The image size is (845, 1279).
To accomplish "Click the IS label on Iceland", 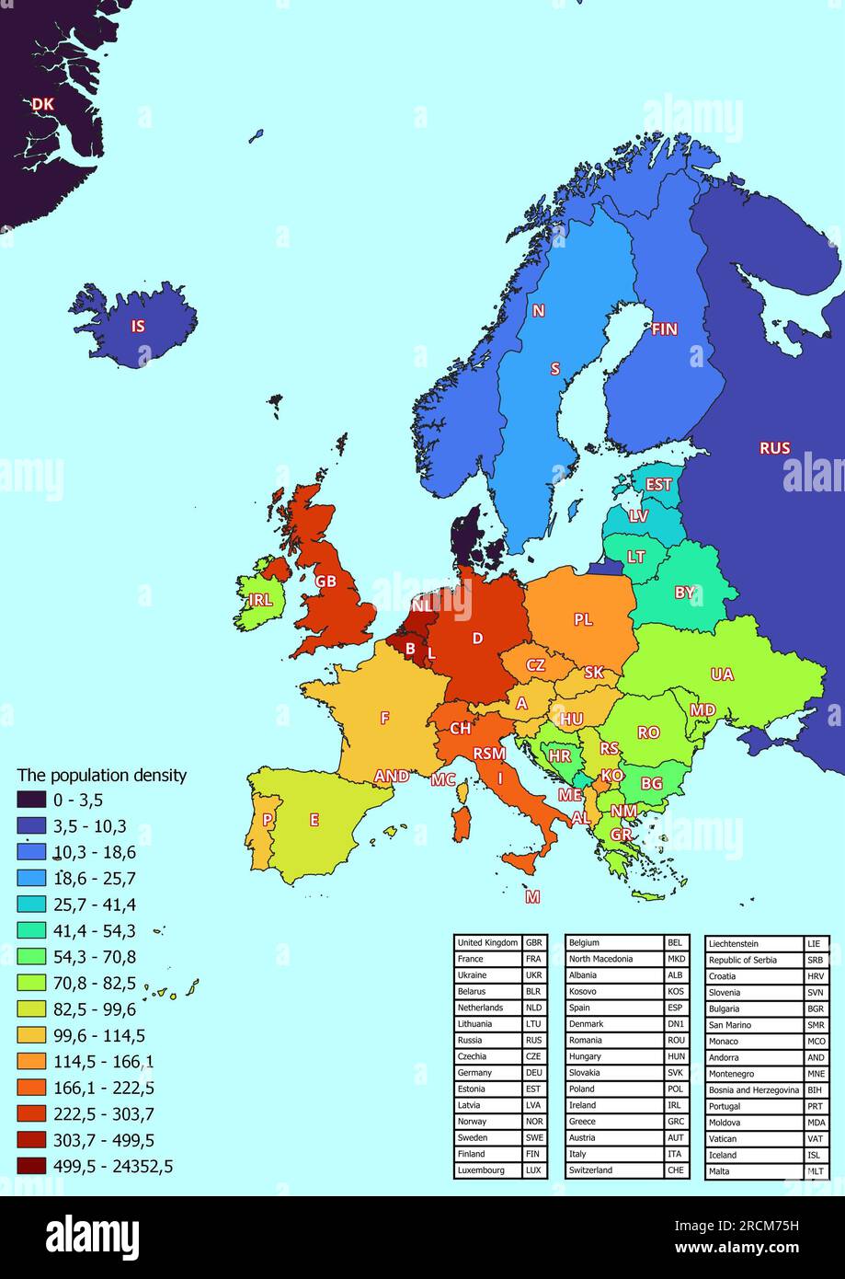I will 138,326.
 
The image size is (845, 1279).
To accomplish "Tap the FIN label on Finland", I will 664,328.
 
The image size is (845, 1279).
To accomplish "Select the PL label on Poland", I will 583,619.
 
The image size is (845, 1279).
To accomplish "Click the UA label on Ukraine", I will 722,674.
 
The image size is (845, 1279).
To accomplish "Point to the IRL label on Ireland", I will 260,600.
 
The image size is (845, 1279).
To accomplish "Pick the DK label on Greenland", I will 42,105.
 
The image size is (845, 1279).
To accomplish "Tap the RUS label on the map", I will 774,448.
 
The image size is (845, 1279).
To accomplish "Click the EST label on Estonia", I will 658,484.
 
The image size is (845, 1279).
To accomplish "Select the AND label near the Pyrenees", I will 392,776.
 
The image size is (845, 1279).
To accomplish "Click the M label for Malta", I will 532,896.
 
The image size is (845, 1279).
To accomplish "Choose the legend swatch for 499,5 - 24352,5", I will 32,1167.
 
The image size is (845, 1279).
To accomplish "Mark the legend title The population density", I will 102,775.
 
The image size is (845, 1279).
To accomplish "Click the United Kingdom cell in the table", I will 487,943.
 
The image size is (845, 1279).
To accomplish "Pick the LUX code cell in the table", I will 533,1170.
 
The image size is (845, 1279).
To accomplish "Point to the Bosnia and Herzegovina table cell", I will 753,1089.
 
